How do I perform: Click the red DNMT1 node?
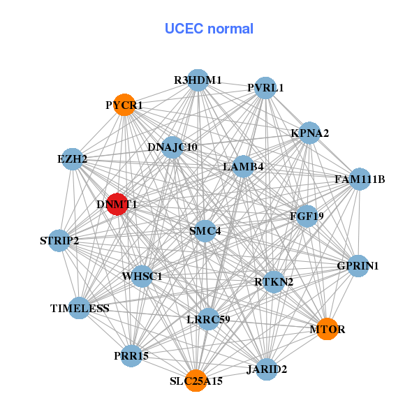pyautogui.click(x=117, y=205)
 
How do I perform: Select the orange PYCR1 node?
pyautogui.click(x=124, y=105)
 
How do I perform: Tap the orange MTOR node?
pyautogui.click(x=327, y=328)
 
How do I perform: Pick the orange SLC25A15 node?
pyautogui.click(x=196, y=381)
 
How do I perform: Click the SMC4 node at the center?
pyautogui.click(x=205, y=230)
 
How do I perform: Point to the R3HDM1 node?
pyautogui.click(x=198, y=80)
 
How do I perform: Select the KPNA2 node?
pyautogui.click(x=309, y=133)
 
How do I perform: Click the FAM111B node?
pyautogui.click(x=360, y=179)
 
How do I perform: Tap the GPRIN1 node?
pyautogui.click(x=358, y=265)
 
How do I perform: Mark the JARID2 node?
pyautogui.click(x=266, y=369)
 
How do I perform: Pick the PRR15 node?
pyautogui.click(x=131, y=355)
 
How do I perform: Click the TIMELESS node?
pyautogui.click(x=80, y=308)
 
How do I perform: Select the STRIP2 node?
pyautogui.click(x=59, y=241)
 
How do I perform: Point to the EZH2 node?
pyautogui.click(x=72, y=159)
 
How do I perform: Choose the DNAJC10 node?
pyautogui.click(x=172, y=147)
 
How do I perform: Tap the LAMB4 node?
pyautogui.click(x=243, y=166)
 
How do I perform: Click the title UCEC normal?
pyautogui.click(x=209, y=29)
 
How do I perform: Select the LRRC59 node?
pyautogui.click(x=208, y=319)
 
